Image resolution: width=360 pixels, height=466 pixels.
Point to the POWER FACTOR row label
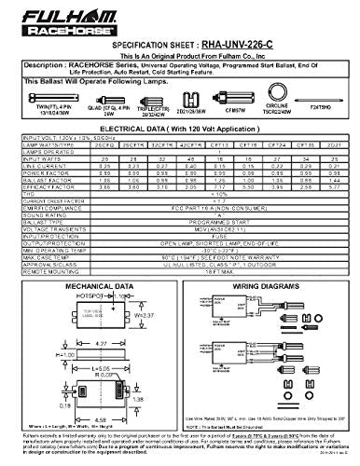(36, 198)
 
